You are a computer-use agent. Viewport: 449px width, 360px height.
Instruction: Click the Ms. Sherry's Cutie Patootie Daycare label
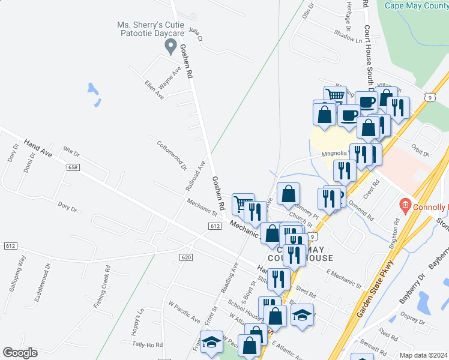pos(149,30)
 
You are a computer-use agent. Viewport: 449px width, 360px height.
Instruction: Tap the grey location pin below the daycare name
pos(170,46)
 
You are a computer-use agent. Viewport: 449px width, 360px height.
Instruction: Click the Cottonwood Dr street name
pos(172,155)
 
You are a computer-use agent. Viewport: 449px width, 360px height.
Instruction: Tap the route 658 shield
pos(73,168)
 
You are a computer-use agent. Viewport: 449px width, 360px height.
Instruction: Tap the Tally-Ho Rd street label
pos(148,345)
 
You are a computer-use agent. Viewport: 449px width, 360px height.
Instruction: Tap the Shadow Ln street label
pos(349,37)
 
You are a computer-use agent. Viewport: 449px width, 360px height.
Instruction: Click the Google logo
pos(20,352)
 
